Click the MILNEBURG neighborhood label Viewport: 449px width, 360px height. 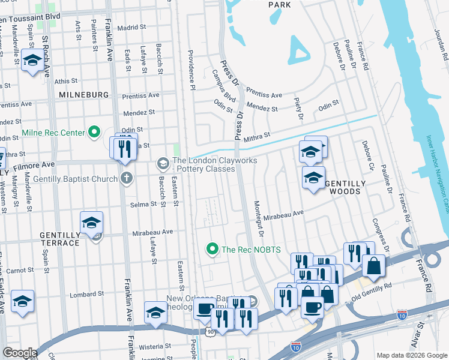[83, 95]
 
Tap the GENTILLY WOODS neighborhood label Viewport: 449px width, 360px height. [343, 187]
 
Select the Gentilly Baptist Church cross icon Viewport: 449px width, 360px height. [125, 178]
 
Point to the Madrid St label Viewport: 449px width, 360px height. [131, 28]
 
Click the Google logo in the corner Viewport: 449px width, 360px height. [20, 353]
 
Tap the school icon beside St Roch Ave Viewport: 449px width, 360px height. [31, 60]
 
